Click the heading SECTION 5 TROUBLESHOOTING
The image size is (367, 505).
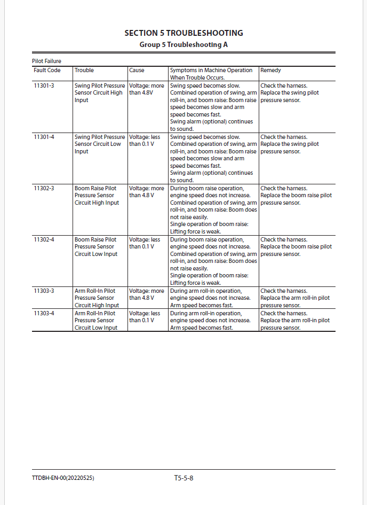(183, 33)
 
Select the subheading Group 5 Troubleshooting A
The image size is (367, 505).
(183, 44)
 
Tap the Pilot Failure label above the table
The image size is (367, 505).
(46, 61)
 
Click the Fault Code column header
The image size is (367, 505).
(47, 70)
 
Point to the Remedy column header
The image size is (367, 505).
(270, 70)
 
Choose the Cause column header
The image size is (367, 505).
(137, 70)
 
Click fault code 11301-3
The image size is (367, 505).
(44, 86)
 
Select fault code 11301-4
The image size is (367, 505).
(44, 137)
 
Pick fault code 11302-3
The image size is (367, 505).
(44, 188)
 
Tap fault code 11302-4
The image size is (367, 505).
(44, 239)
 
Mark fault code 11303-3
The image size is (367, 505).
(44, 291)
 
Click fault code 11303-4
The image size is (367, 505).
(44, 313)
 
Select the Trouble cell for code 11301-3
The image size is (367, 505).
(100, 92)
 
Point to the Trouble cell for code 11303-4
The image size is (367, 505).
(96, 320)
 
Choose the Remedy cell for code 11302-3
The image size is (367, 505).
(296, 196)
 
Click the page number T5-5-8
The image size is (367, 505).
(183, 478)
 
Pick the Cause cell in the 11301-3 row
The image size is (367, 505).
(147, 89)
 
